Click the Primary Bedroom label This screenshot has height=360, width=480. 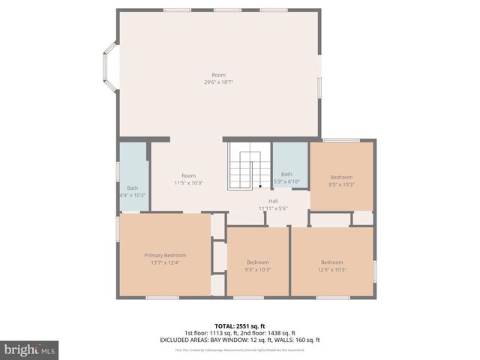[x=165, y=255]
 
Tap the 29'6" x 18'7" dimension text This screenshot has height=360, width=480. [x=218, y=82]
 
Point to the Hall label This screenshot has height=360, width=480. [x=273, y=201]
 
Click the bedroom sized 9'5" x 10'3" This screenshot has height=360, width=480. [x=341, y=180]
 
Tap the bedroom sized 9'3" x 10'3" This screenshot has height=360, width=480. [x=258, y=265]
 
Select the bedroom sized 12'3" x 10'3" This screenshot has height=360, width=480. [x=331, y=265]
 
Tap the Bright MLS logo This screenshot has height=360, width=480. [x=30, y=349]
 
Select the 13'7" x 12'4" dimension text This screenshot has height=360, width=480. [x=165, y=262]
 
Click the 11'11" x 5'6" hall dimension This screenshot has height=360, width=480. [x=273, y=208]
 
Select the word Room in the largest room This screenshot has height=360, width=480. [x=218, y=75]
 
